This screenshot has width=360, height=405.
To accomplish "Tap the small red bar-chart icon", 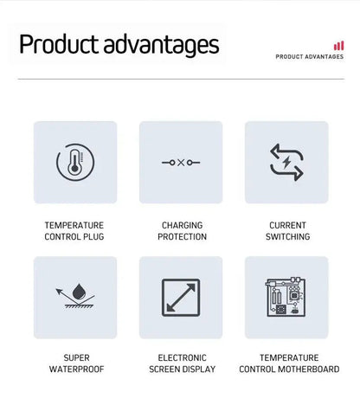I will pyautogui.click(x=338, y=45).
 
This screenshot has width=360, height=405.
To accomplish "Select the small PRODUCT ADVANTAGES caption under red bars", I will pyautogui.click(x=310, y=57).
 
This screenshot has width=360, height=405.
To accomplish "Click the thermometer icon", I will pyautogui.click(x=74, y=163).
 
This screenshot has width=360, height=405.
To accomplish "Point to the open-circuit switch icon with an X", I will pyautogui.click(x=180, y=163).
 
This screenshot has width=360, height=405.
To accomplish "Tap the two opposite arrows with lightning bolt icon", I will pyautogui.click(x=286, y=163).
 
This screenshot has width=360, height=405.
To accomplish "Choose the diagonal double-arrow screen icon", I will pyautogui.click(x=180, y=297).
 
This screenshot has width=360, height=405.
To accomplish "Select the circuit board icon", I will pyautogui.click(x=286, y=297).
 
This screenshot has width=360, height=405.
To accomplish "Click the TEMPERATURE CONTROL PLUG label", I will pyautogui.click(x=74, y=230).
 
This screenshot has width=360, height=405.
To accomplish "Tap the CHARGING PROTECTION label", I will pyautogui.click(x=182, y=230).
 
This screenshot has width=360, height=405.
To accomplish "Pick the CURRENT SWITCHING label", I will pyautogui.click(x=287, y=230).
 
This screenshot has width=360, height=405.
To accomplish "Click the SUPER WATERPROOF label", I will pyautogui.click(x=76, y=363).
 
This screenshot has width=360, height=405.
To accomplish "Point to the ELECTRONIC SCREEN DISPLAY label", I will pyautogui.click(x=182, y=363).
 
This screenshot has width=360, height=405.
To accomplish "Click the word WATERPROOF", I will pyautogui.click(x=76, y=369).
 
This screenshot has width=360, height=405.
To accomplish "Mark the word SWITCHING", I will pyautogui.click(x=287, y=236).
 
